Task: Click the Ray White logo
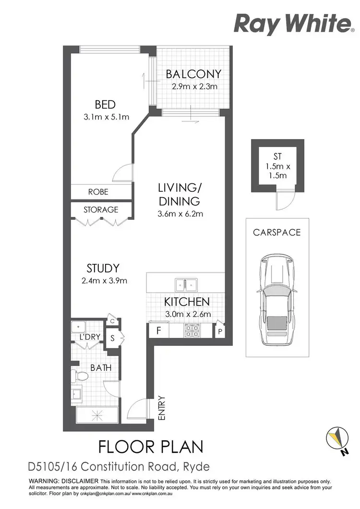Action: click(292, 24)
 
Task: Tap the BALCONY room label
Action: click(193, 74)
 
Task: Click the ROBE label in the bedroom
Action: click(98, 192)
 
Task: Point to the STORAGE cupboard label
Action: click(101, 210)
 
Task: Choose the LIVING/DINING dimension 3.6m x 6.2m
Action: click(180, 213)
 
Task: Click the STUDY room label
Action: click(103, 268)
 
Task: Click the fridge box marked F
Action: click(158, 330)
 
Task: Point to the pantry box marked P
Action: click(219, 331)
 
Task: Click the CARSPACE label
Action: click(277, 232)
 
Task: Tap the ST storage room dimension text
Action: click(276, 171)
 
